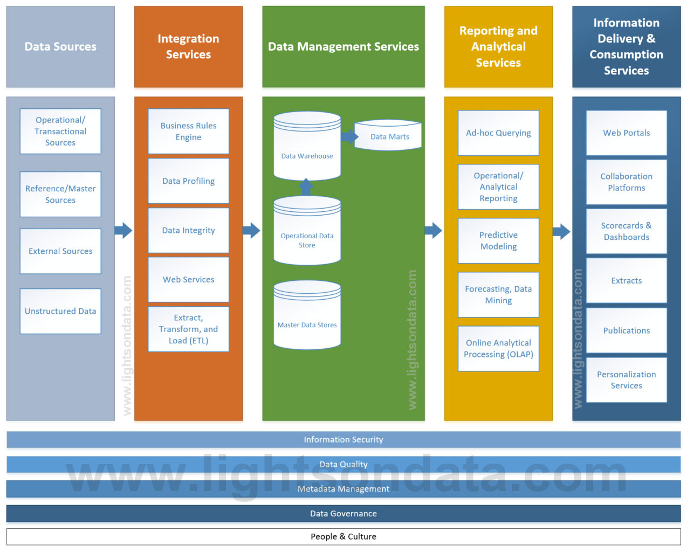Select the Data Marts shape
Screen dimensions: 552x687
[389, 136]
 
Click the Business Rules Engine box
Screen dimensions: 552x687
[188, 132]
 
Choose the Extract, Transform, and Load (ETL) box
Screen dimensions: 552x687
[188, 329]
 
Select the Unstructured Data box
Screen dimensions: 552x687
[60, 311]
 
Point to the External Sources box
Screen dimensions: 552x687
[60, 251]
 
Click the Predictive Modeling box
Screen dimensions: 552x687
[498, 240]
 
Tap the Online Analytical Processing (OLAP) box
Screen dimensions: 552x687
[498, 348]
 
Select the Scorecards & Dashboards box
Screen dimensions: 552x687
[626, 231]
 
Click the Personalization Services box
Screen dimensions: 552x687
[626, 380]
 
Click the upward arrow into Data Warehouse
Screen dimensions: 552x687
[306, 187]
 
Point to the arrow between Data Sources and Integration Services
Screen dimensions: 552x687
[123, 231]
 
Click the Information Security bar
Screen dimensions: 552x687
[343, 439]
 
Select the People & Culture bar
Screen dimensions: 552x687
[343, 536]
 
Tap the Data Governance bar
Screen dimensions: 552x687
[343, 513]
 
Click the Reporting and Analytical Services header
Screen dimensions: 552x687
[498, 47]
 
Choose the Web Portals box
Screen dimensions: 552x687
[626, 133]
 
